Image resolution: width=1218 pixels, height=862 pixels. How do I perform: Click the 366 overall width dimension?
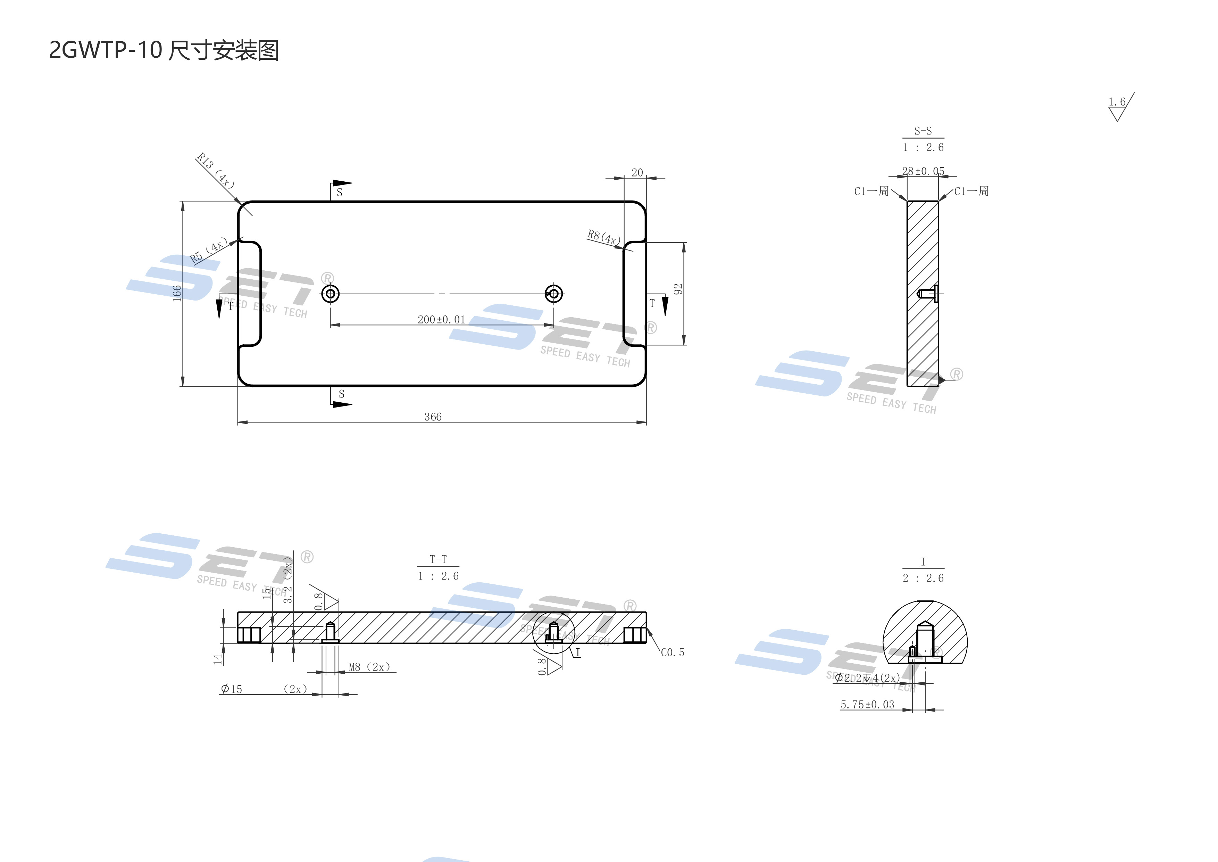pos(433,417)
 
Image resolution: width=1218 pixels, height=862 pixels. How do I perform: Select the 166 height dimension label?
pos(177,293)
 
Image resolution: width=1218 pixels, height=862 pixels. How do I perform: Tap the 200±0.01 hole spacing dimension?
pos(441,320)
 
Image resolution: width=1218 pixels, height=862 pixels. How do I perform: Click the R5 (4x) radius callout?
pos(208,251)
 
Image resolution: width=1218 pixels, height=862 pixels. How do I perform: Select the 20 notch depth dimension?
pos(637,173)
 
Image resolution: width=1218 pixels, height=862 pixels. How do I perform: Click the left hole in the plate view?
pos(331,294)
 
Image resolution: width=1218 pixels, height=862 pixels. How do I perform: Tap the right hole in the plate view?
pos(554,294)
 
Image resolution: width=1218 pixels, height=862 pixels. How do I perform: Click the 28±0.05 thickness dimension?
pos(923,171)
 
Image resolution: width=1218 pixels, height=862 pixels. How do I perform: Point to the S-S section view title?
pos(923,131)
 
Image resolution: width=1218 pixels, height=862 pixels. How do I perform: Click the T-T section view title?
pos(438,559)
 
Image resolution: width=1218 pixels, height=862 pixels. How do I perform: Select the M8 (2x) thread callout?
pos(369,667)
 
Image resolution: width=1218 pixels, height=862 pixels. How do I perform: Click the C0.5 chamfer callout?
pos(672,652)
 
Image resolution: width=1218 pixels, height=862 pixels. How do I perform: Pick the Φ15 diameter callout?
pos(231,689)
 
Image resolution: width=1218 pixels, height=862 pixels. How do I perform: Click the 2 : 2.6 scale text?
pos(923,578)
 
